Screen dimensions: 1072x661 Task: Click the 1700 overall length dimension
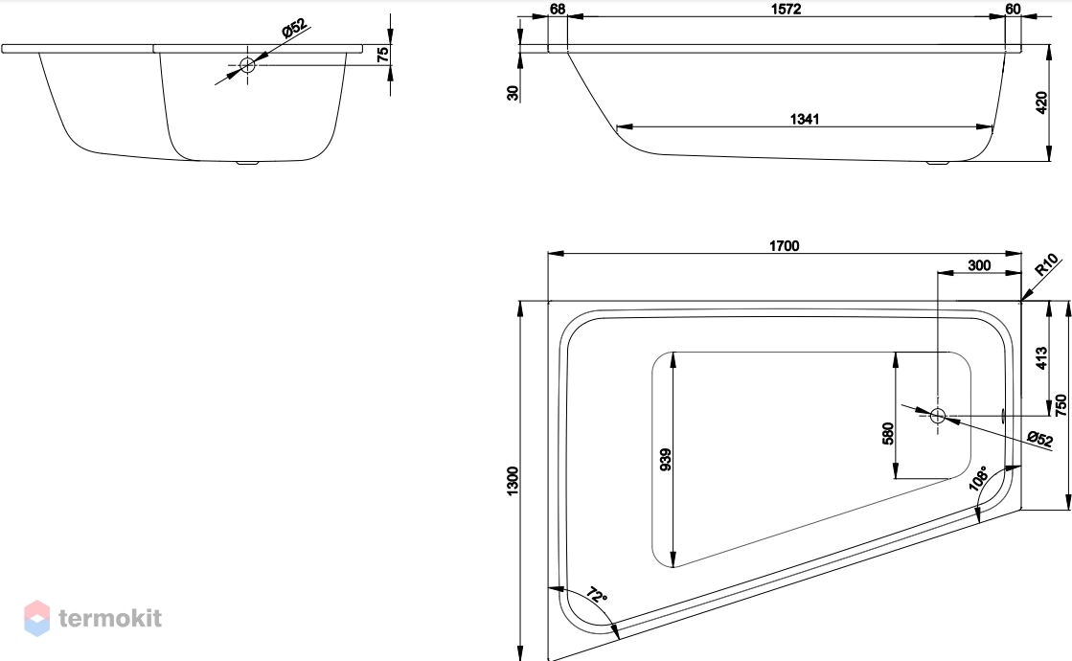[784, 246]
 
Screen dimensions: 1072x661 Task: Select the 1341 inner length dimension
[804, 119]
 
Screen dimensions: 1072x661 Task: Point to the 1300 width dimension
[513, 481]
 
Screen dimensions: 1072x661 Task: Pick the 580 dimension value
[888, 433]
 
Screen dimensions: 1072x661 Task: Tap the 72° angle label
[596, 595]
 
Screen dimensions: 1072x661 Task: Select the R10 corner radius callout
[1047, 263]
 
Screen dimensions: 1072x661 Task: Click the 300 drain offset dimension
[979, 265]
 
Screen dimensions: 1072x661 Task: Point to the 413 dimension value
[1041, 358]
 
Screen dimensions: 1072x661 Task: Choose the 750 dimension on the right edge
[1061, 404]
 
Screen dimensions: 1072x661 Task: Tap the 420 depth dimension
[1041, 103]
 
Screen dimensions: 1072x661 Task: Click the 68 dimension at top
[558, 9]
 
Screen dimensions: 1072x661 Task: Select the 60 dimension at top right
[1013, 9]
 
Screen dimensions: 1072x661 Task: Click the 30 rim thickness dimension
[513, 92]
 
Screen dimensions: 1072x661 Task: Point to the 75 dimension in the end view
[383, 54]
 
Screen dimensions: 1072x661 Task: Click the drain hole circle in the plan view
[937, 415]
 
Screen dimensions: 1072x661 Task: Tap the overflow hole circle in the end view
[247, 65]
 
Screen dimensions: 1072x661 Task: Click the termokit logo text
[110, 618]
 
